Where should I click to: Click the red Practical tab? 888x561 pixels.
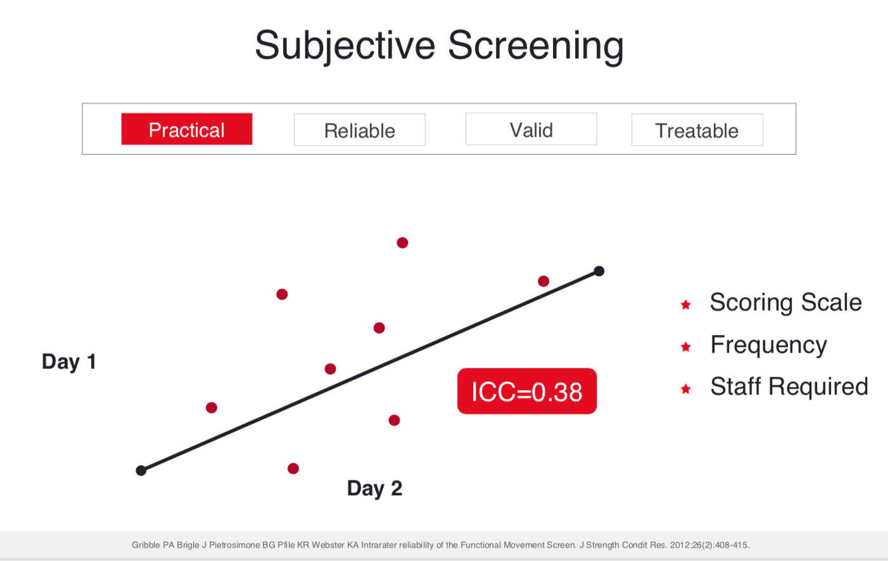pos(187,129)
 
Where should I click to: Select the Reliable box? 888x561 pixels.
pos(360,130)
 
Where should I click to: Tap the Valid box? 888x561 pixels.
pos(531,129)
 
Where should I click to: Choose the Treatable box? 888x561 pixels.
pos(697,130)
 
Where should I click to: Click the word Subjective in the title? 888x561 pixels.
pos(345,47)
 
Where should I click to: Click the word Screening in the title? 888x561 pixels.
pos(536,47)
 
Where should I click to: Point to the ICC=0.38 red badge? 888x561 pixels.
pos(527,391)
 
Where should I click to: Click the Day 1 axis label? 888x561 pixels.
pos(69,362)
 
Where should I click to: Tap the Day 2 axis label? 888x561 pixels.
pos(374,488)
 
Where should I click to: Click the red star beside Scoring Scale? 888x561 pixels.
pos(686,305)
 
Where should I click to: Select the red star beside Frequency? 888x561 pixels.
pos(686,347)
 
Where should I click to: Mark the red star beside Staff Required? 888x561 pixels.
pos(686,389)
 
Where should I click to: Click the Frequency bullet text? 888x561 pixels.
pos(768,345)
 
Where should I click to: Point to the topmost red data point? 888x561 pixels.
pos(402,243)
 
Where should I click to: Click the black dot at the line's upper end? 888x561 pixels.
pos(599,271)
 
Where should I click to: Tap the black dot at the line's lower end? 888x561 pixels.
pos(141,470)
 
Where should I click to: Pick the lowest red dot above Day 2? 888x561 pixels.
pos(293,469)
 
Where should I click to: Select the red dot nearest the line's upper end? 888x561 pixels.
pos(543,281)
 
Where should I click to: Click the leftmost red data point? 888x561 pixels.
pos(212,408)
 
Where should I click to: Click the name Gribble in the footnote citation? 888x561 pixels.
pos(146,545)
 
